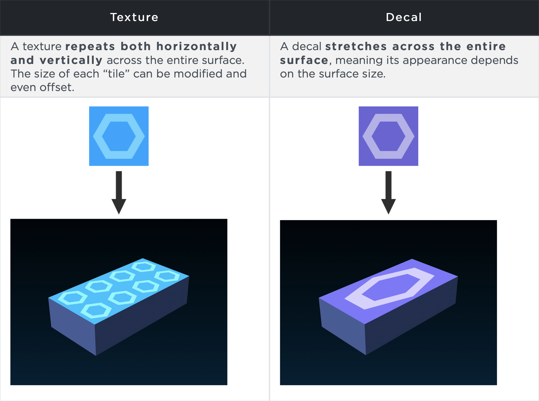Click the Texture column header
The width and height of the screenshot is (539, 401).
134,17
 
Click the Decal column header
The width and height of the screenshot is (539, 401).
404,17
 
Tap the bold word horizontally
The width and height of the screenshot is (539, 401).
197,47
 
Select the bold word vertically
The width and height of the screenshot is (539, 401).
71,60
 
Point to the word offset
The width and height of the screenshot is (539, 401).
56,87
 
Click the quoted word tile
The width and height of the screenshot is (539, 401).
116,74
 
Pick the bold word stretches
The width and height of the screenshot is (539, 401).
356,47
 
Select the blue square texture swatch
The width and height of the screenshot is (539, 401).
119,136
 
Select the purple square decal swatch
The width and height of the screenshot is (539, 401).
388,136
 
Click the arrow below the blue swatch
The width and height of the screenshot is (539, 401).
119,192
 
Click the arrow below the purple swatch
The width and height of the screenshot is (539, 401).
388,192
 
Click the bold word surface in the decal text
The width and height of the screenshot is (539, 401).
304,60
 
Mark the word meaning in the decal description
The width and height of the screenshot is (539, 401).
358,60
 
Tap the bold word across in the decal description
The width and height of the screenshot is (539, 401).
413,47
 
